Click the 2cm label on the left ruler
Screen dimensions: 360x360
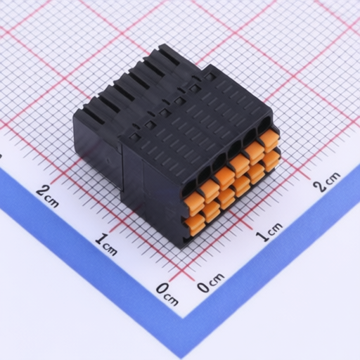click(x=48, y=196)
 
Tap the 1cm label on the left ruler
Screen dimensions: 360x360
click(x=106, y=245)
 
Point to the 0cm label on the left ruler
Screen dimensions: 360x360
click(x=167, y=294)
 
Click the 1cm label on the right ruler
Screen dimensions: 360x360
click(x=269, y=231)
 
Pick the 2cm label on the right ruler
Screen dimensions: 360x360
click(x=327, y=182)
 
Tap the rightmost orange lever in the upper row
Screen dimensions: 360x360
click(x=269, y=141)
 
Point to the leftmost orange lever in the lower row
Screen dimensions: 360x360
click(x=195, y=225)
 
